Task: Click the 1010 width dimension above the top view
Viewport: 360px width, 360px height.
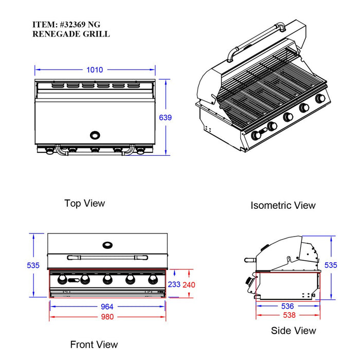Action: coord(95,69)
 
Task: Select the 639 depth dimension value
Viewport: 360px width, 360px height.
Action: coord(165,117)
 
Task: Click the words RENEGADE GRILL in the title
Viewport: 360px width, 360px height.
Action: coord(71,34)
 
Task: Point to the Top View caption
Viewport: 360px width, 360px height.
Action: coord(84,203)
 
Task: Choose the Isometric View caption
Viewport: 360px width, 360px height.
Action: coord(283,205)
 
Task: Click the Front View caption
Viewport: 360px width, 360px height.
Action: coord(94,344)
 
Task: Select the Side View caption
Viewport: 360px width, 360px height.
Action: coord(294,330)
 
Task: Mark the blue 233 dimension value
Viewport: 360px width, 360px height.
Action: coord(174,284)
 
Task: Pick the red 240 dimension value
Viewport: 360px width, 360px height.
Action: coord(190,284)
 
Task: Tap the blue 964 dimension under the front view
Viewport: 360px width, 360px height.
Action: coord(107,307)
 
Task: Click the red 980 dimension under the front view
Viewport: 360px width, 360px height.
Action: coord(107,317)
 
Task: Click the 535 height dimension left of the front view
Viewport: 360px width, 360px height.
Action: coord(33,265)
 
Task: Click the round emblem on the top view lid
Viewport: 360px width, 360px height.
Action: coord(96,135)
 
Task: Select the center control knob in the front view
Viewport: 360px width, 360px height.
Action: coord(107,279)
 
